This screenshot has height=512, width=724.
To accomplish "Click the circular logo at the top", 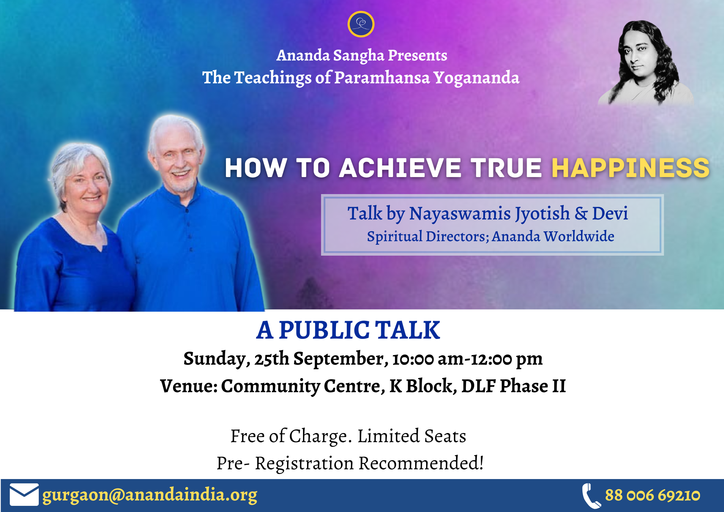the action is (361, 24).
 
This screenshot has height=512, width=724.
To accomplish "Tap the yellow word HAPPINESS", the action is (630, 168).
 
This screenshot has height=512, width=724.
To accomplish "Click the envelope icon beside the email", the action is (24, 495).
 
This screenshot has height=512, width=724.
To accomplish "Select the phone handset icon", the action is (591, 496).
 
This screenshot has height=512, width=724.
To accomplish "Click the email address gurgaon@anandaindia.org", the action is (150, 495).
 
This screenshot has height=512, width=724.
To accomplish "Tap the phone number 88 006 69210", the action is (653, 495).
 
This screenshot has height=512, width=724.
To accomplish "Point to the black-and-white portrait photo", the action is (646, 63).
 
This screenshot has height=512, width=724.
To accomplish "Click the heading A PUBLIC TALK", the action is (348, 330).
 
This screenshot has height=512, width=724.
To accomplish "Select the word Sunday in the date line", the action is (216, 359).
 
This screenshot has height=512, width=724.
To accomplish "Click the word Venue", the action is (188, 386).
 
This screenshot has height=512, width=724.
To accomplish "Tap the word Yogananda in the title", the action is (476, 78).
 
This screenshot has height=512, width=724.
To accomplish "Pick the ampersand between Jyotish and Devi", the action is (581, 213).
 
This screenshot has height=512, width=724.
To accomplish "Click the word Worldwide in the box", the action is (579, 236).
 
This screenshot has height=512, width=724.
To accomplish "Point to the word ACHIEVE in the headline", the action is (400, 168).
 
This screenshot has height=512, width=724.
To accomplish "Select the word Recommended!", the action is (421, 463).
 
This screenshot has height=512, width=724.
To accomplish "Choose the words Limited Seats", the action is (412, 436).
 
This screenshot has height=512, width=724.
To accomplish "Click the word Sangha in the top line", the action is (358, 56).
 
